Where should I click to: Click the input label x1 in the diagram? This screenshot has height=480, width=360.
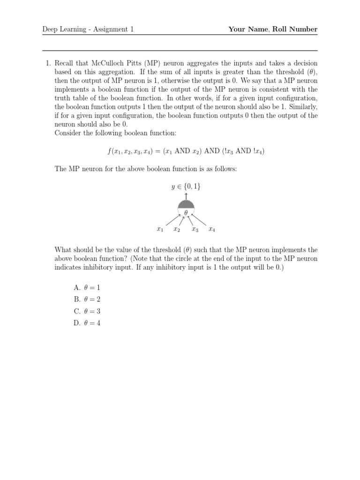[x=160, y=230]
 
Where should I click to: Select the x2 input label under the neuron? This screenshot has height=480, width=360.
[x=177, y=230]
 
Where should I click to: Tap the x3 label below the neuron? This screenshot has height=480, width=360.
[x=195, y=230]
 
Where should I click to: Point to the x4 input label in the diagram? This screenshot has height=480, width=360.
[x=212, y=230]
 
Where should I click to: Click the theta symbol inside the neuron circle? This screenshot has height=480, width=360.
[x=186, y=213]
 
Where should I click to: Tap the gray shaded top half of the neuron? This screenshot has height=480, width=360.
[x=186, y=204]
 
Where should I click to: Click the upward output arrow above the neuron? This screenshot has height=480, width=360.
[x=186, y=195]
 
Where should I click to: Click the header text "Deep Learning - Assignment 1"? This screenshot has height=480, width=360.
[x=88, y=30]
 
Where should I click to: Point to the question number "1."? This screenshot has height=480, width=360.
[x=48, y=63]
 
